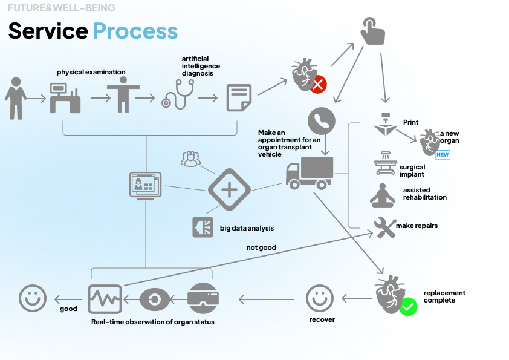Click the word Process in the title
point(135,31)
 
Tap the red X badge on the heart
point(318,85)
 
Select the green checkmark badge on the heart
point(408,307)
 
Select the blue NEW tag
point(443,155)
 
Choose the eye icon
point(155,299)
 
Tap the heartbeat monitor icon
point(105,298)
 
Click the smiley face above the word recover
point(320,299)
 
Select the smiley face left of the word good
point(33,298)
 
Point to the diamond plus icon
point(229,190)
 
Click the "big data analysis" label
point(247,228)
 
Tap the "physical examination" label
point(91,72)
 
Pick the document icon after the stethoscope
point(239,97)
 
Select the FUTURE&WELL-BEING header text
point(61,8)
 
